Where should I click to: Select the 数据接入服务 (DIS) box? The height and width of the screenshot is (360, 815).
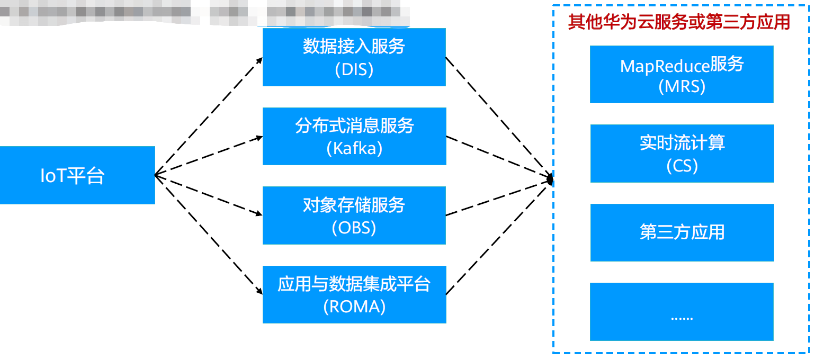[354, 57]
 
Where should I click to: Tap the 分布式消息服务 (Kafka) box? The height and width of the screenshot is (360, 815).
[354, 136]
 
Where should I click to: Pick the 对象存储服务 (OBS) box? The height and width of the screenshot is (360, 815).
[354, 215]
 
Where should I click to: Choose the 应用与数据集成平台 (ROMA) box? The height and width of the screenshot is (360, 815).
[354, 294]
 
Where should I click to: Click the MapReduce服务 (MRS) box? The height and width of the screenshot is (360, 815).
[682, 74]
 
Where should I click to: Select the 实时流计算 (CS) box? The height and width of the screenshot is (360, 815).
[682, 154]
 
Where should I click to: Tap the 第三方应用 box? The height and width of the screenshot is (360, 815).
[682, 232]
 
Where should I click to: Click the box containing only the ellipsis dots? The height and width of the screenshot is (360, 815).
[682, 312]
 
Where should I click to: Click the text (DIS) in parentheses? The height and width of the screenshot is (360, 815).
[354, 69]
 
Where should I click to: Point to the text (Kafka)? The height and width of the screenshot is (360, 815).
[354, 149]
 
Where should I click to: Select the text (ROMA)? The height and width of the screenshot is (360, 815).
[354, 307]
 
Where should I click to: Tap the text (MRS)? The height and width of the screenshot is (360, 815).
[682, 86]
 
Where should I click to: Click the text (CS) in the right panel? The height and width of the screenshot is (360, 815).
[682, 166]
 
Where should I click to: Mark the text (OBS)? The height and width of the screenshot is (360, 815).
[354, 228]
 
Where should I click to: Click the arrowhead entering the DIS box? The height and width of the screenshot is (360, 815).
[259, 59]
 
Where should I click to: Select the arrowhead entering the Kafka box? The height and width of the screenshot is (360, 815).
[259, 138]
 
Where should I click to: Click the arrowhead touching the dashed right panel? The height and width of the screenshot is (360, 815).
[550, 180]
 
